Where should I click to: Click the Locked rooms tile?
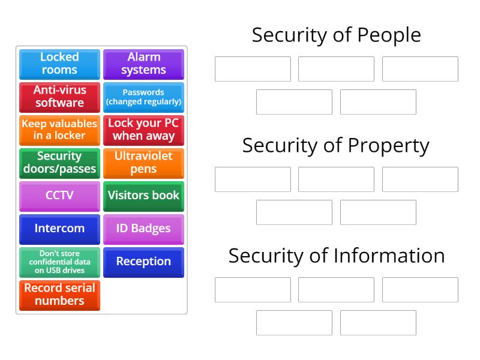(x=59, y=64)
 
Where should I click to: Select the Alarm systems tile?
(x=143, y=64)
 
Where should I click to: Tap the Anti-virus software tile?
(x=59, y=97)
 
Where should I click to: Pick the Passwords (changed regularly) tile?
(x=143, y=97)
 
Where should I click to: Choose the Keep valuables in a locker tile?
(x=59, y=130)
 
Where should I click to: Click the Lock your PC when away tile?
(x=143, y=130)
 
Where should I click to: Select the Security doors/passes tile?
(x=59, y=163)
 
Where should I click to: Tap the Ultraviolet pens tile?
(x=143, y=163)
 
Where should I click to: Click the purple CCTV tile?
(x=59, y=196)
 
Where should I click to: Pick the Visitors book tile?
(x=143, y=196)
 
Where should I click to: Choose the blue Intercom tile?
(x=59, y=229)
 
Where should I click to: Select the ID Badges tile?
(x=143, y=229)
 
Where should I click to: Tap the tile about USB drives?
(x=59, y=262)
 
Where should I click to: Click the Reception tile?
(x=143, y=262)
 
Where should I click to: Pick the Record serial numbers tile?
(x=59, y=295)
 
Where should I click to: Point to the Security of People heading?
(x=336, y=35)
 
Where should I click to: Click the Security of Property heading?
(x=336, y=145)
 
